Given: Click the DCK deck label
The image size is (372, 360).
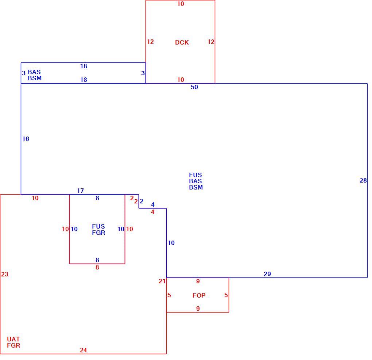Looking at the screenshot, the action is tap(182, 42).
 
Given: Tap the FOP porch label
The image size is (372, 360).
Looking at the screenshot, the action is tap(199, 295).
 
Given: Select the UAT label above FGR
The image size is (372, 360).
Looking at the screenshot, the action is tap(13, 339).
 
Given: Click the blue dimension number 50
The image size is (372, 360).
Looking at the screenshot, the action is tap(194, 87).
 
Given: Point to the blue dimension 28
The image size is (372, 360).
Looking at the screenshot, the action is tap(363, 181).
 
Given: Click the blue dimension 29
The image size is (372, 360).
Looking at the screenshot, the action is tap(267, 274).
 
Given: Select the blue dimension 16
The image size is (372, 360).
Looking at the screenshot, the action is tap(26, 139).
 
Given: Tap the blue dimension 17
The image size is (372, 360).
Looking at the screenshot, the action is tap(81, 191).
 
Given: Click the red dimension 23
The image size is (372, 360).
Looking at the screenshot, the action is tap(5, 275).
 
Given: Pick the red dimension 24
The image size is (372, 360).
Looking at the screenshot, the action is tap(83, 350).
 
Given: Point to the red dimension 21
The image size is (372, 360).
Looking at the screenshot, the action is tap(162, 282).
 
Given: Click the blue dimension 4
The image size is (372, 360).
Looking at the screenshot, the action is tap(152, 205).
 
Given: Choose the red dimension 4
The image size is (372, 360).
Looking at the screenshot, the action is tap(152, 212).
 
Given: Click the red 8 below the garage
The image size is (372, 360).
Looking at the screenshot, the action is tap(97, 268).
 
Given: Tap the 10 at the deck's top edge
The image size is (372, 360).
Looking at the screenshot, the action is tap(181, 4).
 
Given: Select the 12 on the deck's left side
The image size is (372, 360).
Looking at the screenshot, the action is tap(150, 42).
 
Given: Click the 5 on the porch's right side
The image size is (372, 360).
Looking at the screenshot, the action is tap(226, 295).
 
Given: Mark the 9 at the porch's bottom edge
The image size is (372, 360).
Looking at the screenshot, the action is tap(198, 309).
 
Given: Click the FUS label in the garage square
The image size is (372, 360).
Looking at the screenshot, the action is tap(98, 226).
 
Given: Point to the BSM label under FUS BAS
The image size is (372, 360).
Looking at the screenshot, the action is tap(196, 187).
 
